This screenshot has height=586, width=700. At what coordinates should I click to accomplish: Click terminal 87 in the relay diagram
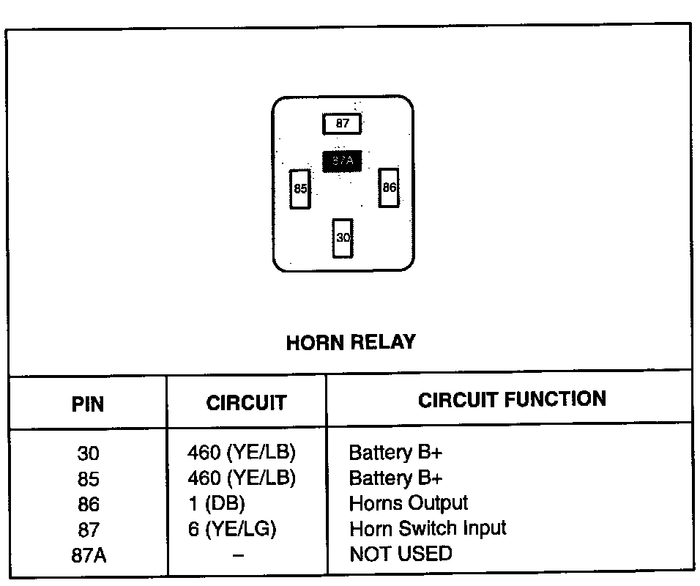pos(343,124)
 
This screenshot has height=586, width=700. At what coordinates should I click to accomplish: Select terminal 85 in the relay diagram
pos(300,189)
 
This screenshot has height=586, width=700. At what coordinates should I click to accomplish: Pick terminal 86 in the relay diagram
pos(389,188)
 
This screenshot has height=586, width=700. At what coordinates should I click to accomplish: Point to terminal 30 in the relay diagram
pos(343,238)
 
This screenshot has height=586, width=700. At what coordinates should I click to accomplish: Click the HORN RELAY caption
pos(350,343)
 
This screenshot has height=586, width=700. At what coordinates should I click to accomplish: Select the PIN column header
pos(88,404)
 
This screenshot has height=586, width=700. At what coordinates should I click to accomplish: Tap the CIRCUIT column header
pos(246,403)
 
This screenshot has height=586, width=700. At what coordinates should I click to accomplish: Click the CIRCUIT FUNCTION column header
pos(512,399)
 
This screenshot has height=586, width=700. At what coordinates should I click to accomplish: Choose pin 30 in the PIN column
pos(88,453)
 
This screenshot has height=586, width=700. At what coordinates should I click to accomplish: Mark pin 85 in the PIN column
pos(88,479)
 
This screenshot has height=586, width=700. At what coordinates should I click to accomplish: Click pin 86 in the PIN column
pos(88,505)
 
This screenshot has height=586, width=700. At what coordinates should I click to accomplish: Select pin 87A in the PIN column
pos(88,555)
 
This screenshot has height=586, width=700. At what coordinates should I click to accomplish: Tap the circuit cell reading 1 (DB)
pos(216,504)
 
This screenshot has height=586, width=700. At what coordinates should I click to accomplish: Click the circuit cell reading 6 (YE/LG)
pos(232,529)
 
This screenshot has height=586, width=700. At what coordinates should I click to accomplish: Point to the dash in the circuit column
pos(239,555)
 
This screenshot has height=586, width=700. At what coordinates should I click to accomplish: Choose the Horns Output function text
pos(409,504)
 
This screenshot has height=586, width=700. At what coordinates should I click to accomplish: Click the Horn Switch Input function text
pos(428,529)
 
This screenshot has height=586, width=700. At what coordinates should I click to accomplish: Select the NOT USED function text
pos(401,554)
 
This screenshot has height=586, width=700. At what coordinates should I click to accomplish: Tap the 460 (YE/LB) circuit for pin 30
pos(242,453)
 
